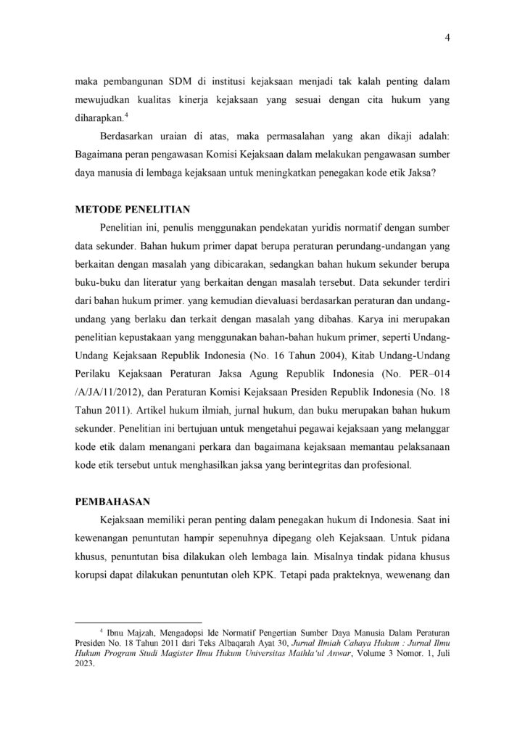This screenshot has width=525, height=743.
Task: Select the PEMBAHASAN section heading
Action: pos(112,501)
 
